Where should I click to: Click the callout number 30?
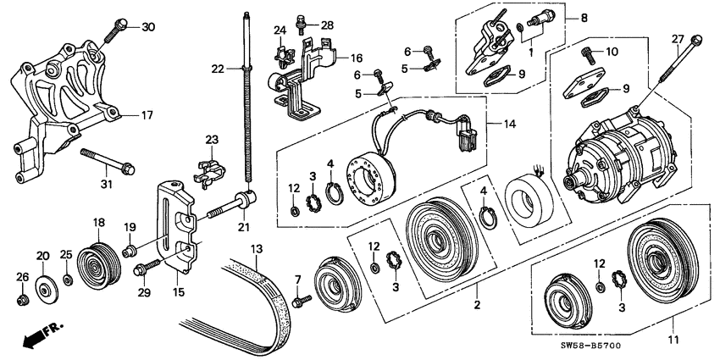[148, 27]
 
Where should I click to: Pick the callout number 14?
[509, 125]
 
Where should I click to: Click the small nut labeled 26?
[24, 299]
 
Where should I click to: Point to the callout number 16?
[357, 58]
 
